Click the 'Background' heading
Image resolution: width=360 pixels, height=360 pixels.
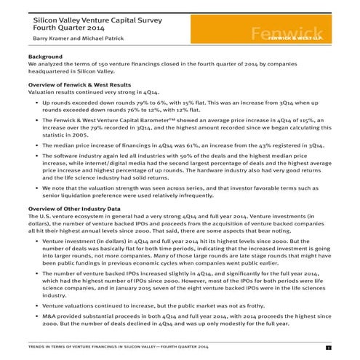coord(44,56)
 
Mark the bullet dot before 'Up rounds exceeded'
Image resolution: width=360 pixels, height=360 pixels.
coord(36,103)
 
